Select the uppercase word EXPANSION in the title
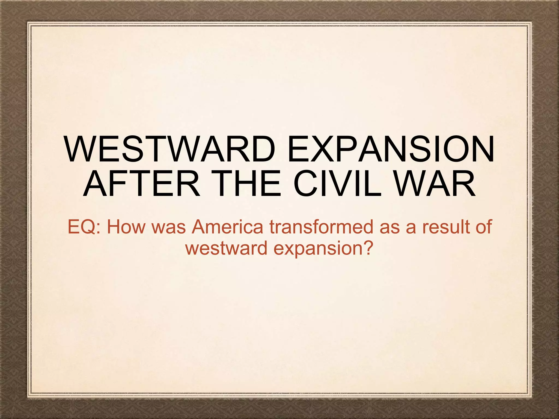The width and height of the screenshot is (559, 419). [390, 149]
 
